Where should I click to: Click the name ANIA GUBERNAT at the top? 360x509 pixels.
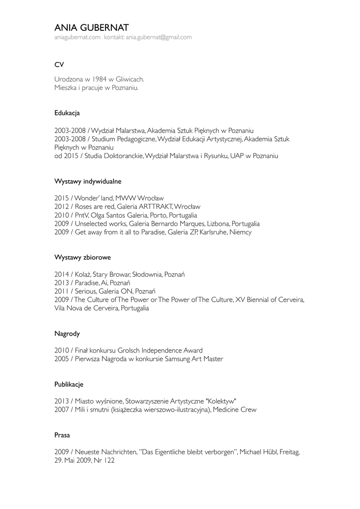pos(91,27)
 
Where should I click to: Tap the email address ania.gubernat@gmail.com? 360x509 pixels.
pos(159,37)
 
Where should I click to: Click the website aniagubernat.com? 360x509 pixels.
pos(77,37)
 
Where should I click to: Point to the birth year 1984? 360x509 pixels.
pos(100,79)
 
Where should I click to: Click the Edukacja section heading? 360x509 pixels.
pos(67,113)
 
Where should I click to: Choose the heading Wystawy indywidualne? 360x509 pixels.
pos(88,181)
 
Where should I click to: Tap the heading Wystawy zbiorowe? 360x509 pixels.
pos(82,257)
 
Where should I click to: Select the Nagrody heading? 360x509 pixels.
pos(67,334)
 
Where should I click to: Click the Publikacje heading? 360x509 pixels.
pos(69,384)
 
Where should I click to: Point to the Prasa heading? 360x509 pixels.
pos(62,435)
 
